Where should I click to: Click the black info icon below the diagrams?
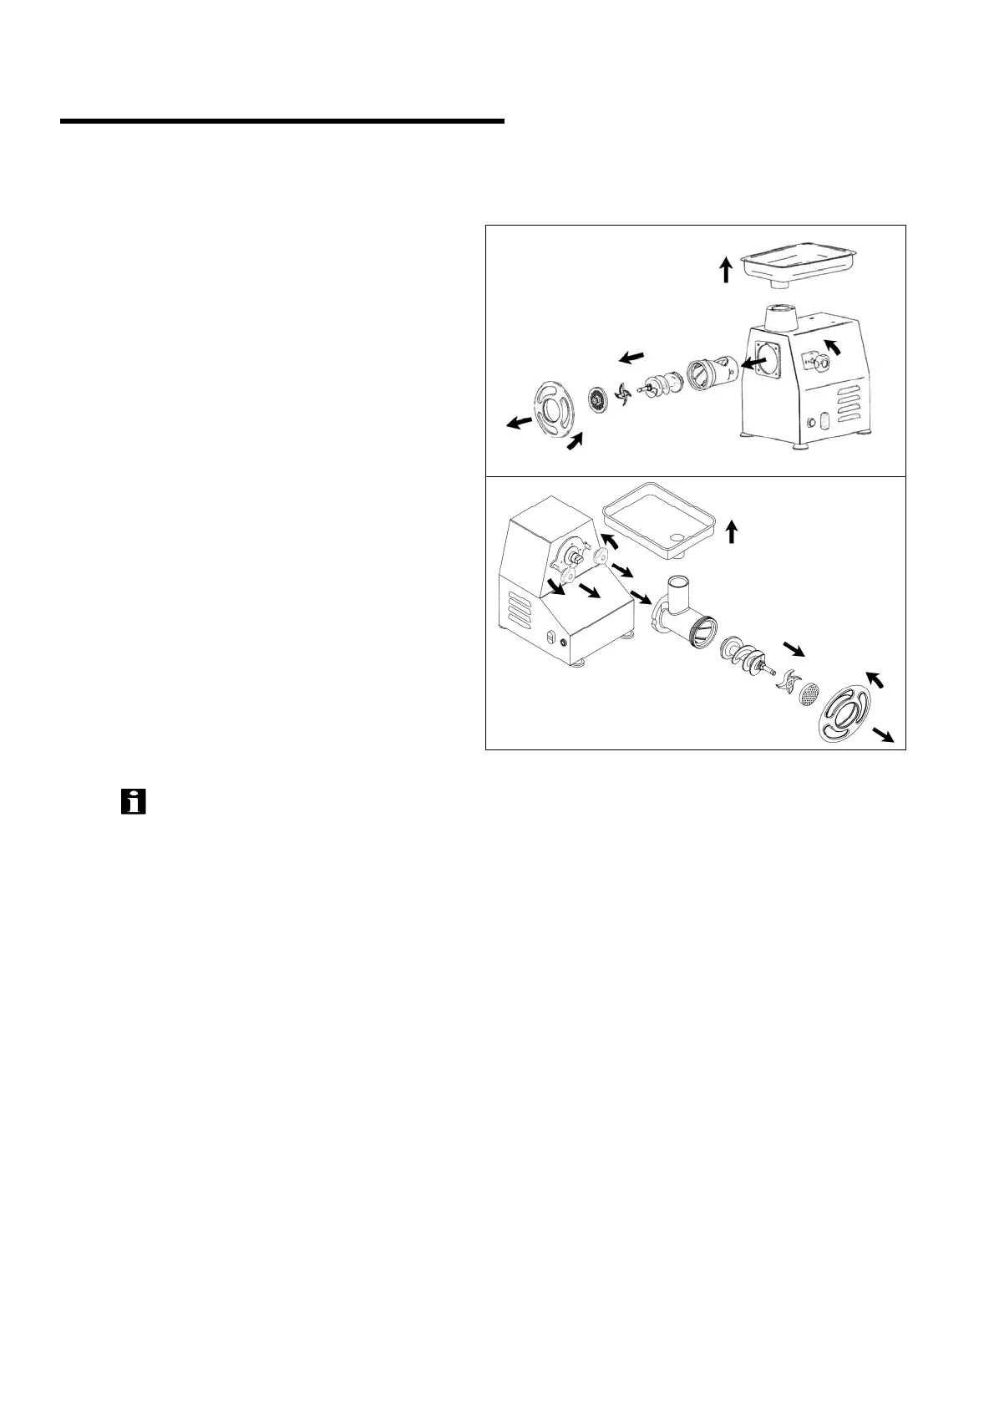(134, 801)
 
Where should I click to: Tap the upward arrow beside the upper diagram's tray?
(727, 269)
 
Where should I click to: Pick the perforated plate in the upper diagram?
(598, 399)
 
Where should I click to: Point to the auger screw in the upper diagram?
(663, 385)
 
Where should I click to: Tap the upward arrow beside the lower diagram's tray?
(732, 531)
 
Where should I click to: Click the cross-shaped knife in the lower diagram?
(786, 681)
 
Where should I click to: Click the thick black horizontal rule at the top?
(282, 122)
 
